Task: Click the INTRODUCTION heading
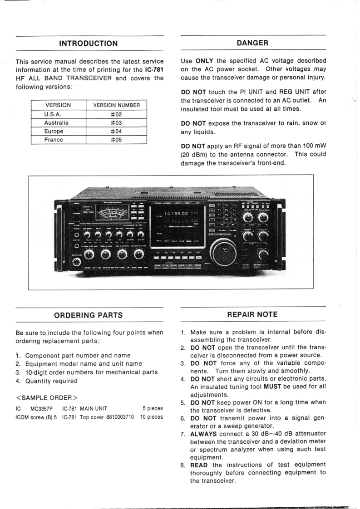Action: click(x=89, y=44)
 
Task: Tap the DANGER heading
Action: click(x=252, y=43)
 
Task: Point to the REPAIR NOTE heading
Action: click(x=252, y=314)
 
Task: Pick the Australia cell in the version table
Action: click(x=56, y=123)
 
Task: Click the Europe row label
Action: click(x=54, y=131)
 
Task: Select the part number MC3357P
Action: click(x=42, y=408)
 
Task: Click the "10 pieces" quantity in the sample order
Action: click(x=152, y=416)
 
